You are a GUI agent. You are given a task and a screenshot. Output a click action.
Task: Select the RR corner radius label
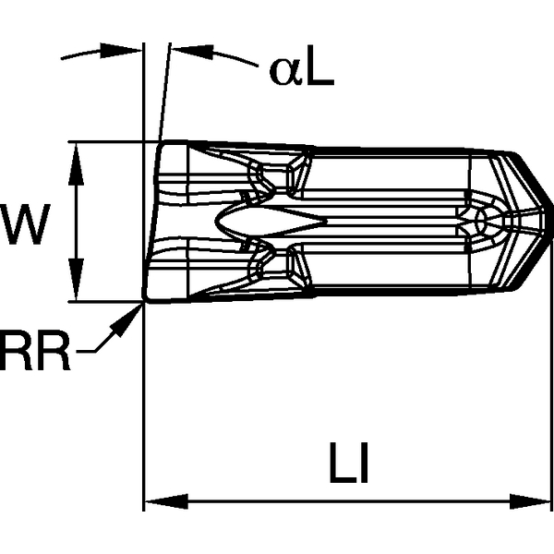[34, 354]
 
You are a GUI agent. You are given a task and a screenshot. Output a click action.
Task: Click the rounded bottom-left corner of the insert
[149, 295]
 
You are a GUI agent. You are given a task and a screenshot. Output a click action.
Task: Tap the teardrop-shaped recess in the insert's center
[277, 221]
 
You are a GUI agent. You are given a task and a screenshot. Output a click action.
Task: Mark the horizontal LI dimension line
[277, 503]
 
